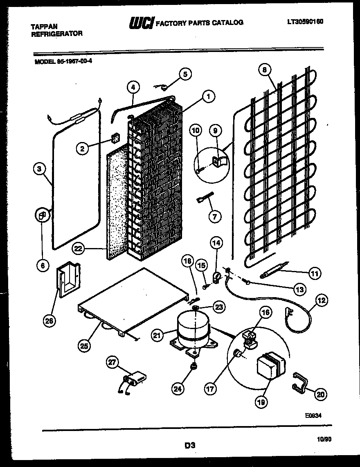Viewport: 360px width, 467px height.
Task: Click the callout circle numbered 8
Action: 265,70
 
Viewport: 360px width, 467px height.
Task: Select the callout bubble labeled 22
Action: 79,248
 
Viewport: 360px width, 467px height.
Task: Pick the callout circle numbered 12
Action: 321,301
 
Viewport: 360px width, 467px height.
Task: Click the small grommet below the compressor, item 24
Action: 193,366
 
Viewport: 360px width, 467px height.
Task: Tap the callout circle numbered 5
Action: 185,74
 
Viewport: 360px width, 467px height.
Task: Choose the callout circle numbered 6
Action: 42,265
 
